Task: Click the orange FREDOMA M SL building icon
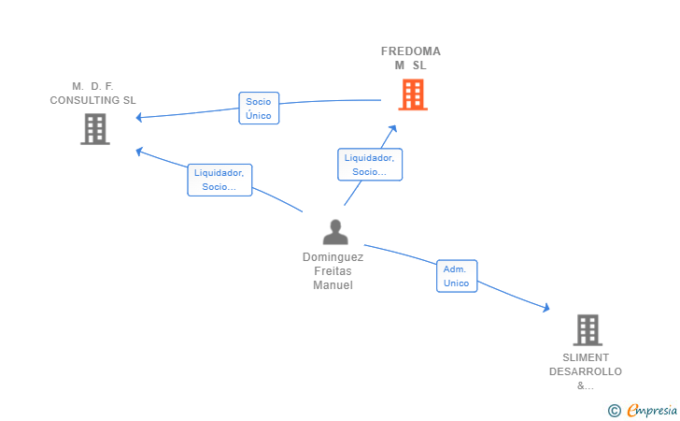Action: [x=413, y=94]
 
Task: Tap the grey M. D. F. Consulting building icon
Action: [x=95, y=129]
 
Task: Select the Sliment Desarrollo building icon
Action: [x=588, y=329]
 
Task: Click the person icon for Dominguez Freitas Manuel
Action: [x=335, y=232]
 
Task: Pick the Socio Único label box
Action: [x=259, y=109]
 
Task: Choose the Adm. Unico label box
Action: [x=457, y=276]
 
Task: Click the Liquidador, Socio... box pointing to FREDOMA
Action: [x=370, y=165]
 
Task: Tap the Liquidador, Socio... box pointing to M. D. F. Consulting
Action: [x=220, y=180]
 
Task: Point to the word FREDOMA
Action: [x=411, y=51]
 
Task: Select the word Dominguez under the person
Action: [x=333, y=257]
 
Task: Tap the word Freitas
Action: [x=333, y=271]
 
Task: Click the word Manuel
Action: [x=333, y=285]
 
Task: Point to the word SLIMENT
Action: [x=586, y=357]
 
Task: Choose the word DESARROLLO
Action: [x=586, y=371]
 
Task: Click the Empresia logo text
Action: [x=652, y=410]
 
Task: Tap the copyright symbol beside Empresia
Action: [x=614, y=411]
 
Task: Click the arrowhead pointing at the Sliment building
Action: [x=546, y=307]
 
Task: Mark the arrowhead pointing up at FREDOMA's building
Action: [x=392, y=128]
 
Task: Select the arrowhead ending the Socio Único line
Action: [x=139, y=117]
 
